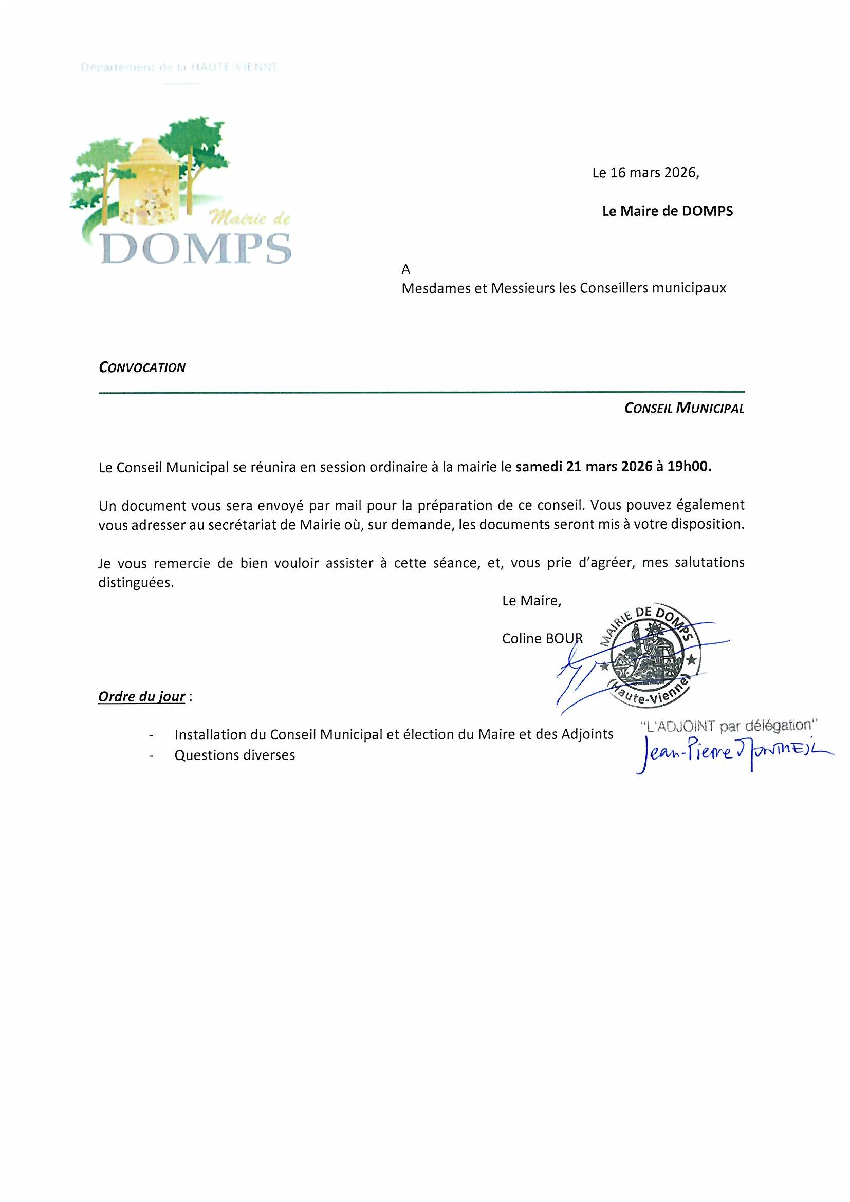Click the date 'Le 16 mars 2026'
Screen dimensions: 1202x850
point(645,173)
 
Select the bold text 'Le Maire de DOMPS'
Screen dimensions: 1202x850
point(668,211)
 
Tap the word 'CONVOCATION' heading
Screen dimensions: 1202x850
point(142,367)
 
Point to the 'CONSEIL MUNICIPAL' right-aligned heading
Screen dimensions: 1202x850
point(684,409)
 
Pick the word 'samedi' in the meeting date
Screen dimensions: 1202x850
point(539,467)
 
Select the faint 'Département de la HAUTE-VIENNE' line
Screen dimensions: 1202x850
point(179,67)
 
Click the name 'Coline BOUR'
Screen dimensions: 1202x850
point(542,639)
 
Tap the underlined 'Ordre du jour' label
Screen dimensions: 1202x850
point(141,697)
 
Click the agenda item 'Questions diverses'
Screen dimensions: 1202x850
point(234,755)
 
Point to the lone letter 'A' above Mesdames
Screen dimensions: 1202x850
point(405,270)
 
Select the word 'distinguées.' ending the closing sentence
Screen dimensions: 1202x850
point(136,583)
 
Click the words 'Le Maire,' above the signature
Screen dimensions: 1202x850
point(531,601)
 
